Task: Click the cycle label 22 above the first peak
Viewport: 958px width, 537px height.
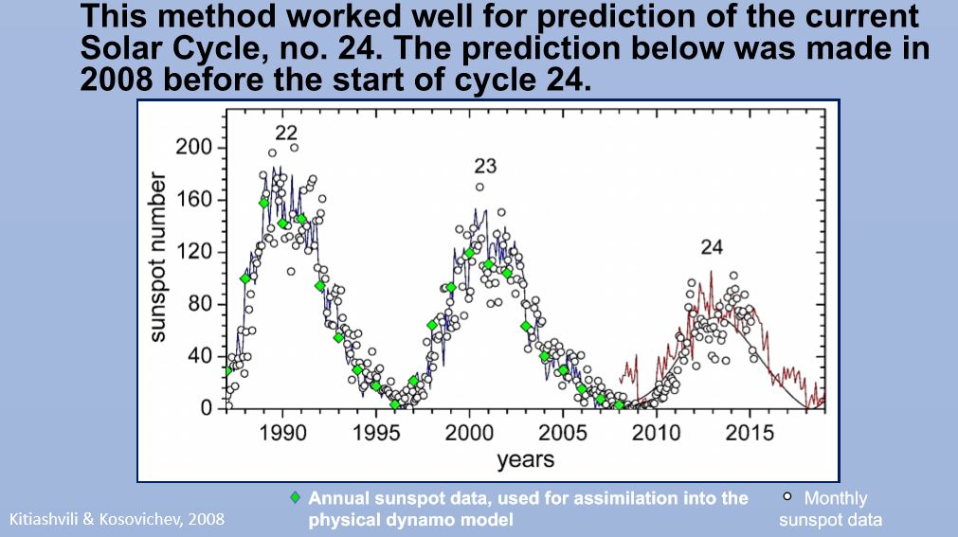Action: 287,131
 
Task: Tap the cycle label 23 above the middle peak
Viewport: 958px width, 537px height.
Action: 485,167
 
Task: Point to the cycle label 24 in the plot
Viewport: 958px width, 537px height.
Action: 712,247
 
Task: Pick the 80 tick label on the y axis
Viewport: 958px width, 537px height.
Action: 201,305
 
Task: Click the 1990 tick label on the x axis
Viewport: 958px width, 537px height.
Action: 281,433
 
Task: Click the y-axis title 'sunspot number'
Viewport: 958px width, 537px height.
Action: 160,257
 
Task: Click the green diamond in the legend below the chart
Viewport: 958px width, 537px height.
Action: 296,497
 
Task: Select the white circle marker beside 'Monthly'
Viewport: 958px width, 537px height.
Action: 787,497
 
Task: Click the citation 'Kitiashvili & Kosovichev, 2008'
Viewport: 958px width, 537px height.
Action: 117,519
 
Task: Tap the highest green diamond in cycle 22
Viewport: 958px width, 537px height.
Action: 264,203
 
